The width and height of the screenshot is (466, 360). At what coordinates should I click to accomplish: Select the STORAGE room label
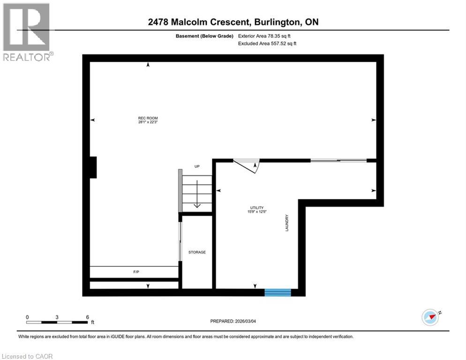click(197, 252)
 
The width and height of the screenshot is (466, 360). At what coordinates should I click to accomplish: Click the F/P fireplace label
click(134, 272)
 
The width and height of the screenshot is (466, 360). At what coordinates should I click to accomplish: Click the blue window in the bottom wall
click(278, 292)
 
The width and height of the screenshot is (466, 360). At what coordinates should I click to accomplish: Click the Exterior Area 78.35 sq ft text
click(267, 36)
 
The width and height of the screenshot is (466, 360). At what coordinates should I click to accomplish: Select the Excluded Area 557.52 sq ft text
click(267, 43)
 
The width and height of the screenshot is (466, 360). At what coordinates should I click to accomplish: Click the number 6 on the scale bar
click(88, 317)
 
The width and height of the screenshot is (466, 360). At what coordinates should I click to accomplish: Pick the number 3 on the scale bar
click(57, 317)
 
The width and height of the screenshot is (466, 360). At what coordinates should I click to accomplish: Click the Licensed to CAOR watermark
click(27, 356)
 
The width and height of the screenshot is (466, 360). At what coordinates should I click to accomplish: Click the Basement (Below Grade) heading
click(207, 36)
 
